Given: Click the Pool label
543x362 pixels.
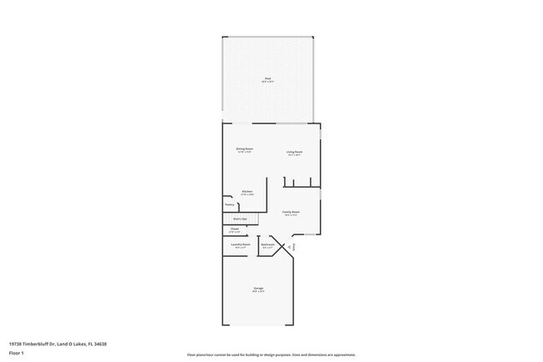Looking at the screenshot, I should point(267,78).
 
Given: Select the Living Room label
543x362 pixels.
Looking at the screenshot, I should point(294,151).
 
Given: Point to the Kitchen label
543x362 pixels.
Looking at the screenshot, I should point(247,192).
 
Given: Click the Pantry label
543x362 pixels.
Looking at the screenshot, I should point(229,204).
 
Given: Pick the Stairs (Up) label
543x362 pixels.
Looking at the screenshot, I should point(240,219).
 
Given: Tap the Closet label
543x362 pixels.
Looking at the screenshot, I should point(235,229).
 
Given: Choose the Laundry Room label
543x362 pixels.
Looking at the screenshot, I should point(241,244).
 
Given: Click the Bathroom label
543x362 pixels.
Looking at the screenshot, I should point(268,244).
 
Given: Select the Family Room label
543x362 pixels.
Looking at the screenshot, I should point(291,212).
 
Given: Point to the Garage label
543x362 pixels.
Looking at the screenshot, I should point(259,289).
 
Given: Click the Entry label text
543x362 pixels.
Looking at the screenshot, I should point(292,246).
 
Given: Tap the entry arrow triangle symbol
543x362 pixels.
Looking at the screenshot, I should point(288,246).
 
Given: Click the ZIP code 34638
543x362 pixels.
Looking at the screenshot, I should point(100,344).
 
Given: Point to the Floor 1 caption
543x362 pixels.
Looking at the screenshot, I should point(17,353).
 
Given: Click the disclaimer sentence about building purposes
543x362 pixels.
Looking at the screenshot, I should point(271,354).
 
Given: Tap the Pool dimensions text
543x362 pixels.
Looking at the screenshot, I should point(267,82).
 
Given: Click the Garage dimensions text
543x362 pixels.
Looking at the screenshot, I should point(259,292).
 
